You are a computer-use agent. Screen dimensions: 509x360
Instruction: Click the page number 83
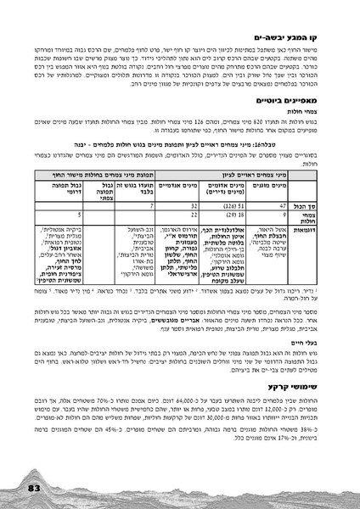pyautogui.click(x=34, y=489)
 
